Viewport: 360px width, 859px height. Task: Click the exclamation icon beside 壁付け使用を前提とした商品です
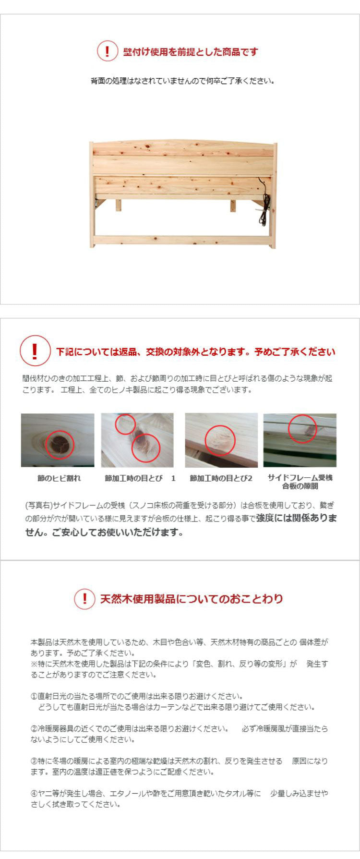pos(107,51)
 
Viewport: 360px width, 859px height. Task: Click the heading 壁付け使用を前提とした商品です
pos(191,52)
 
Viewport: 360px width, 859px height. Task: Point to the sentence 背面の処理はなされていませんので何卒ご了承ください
pos(182,81)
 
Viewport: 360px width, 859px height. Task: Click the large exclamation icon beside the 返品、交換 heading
pos(35,351)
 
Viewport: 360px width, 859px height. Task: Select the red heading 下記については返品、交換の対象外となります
pos(196,352)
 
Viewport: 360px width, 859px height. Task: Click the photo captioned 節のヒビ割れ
pos(58,440)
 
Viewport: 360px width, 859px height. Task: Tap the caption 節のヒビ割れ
pos(59,478)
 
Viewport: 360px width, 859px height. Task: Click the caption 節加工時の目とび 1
pos(140,478)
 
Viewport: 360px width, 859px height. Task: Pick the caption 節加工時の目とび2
pos(221,478)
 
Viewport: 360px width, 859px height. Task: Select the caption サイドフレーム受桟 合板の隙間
pos(300,482)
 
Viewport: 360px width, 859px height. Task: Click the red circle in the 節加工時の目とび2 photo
pos(220,440)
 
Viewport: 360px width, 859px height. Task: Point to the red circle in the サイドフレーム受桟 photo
pos(302,428)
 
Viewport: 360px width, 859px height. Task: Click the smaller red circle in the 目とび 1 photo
pos(125,424)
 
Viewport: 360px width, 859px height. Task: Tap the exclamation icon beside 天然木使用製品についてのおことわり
pos(84,599)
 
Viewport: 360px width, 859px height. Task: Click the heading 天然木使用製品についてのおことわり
pos(192,599)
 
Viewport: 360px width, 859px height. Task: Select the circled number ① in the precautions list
pos(34,696)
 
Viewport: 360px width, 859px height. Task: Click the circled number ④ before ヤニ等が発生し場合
pos(34,793)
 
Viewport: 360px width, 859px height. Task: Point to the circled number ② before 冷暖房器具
pos(34,728)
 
